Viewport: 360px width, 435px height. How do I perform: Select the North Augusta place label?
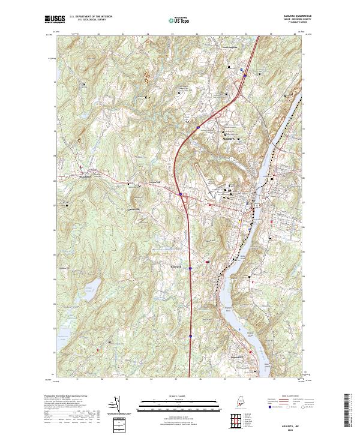[x=231, y=47]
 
